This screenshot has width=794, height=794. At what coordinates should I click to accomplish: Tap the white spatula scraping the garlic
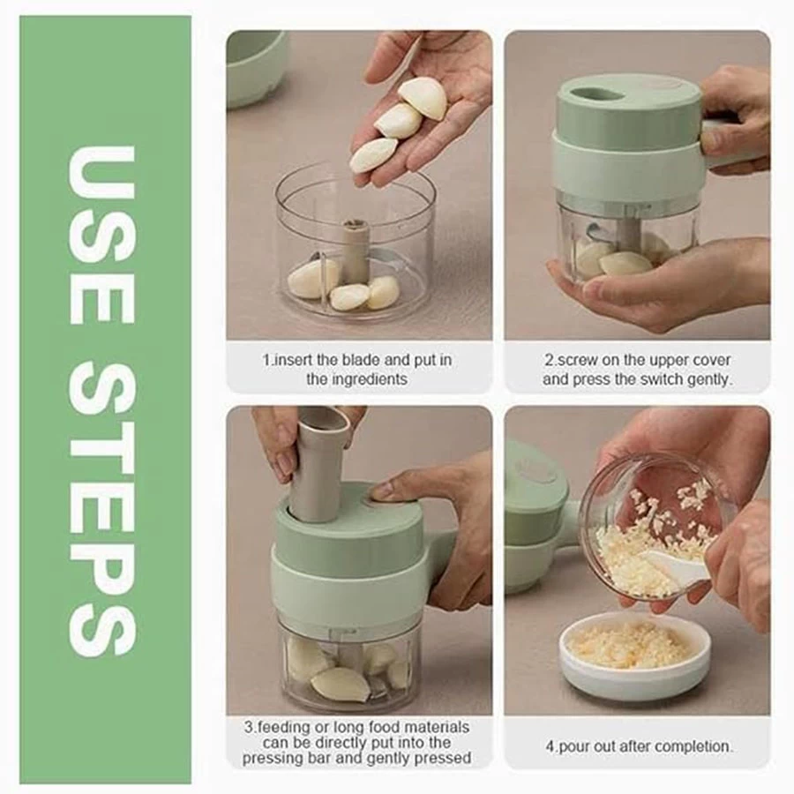click(x=676, y=566)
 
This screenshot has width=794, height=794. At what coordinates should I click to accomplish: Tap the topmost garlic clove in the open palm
click(x=423, y=98)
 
